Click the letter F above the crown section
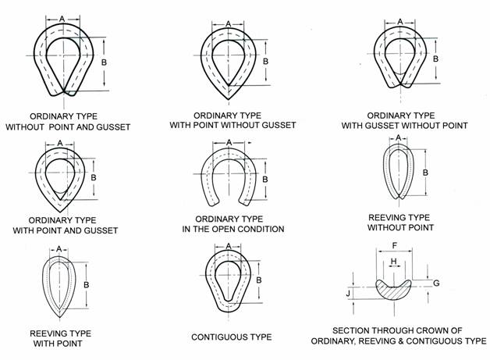(x=394, y=245)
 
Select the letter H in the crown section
(x=394, y=261)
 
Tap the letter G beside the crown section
(x=436, y=283)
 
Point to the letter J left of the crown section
(x=348, y=294)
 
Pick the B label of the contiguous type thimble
(x=259, y=280)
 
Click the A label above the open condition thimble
(x=229, y=143)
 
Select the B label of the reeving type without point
(x=425, y=173)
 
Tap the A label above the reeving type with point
(x=59, y=249)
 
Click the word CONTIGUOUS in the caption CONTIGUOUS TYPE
(x=218, y=337)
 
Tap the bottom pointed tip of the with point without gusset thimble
(x=229, y=100)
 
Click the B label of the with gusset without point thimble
(x=435, y=59)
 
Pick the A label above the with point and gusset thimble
(x=60, y=143)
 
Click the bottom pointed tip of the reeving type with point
(x=59, y=317)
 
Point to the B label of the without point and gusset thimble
(x=104, y=62)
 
